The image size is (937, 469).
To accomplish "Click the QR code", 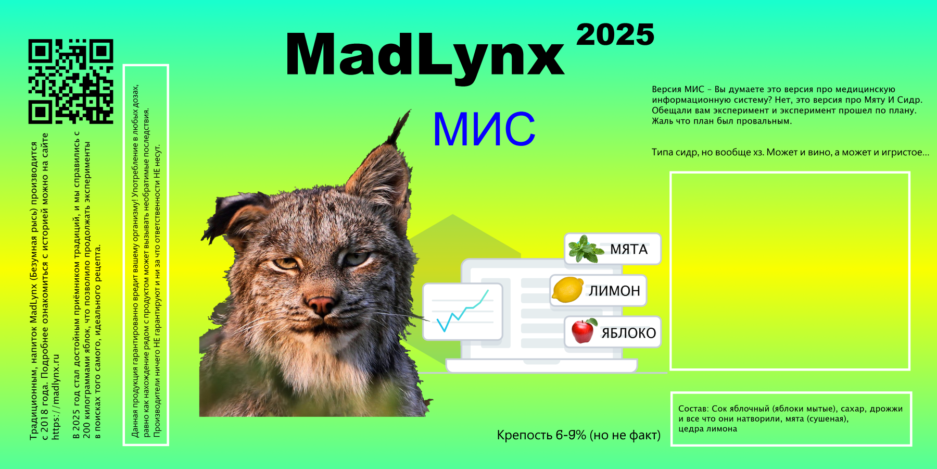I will [x=71, y=81].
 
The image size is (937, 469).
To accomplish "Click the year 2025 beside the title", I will [x=615, y=35].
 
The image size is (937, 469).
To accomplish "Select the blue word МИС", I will [x=484, y=129].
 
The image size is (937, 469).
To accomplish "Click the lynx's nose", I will [x=321, y=304].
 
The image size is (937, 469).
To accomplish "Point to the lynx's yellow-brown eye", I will [x=286, y=263].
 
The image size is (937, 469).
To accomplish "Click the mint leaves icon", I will [x=586, y=249].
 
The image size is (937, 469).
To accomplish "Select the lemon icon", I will [x=567, y=290].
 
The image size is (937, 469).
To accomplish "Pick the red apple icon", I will [x=584, y=331].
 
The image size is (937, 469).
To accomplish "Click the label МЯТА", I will [x=629, y=250].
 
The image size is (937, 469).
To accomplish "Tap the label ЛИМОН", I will [x=614, y=291].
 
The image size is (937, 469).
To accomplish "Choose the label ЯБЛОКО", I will [x=628, y=333].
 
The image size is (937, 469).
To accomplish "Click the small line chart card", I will [x=462, y=312].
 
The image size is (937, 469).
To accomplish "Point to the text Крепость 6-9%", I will [x=541, y=435].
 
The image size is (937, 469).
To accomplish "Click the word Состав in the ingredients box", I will [x=693, y=409].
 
